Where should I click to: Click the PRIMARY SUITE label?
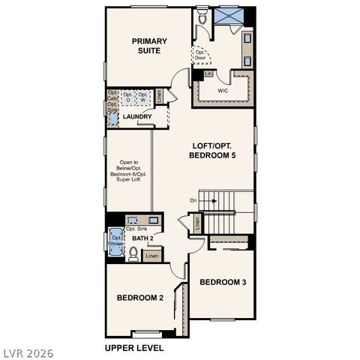pos(149,46)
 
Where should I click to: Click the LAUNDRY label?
pos(137,117)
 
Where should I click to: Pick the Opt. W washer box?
pos(142,97)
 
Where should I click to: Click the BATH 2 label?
pos(142,238)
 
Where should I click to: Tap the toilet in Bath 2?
pos(133,255)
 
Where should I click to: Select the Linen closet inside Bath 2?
pos(152,256)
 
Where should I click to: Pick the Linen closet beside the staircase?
pos(197,223)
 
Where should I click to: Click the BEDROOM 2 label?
pos(139,298)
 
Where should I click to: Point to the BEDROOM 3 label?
pos(222,282)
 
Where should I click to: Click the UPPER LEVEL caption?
pos(133,348)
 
